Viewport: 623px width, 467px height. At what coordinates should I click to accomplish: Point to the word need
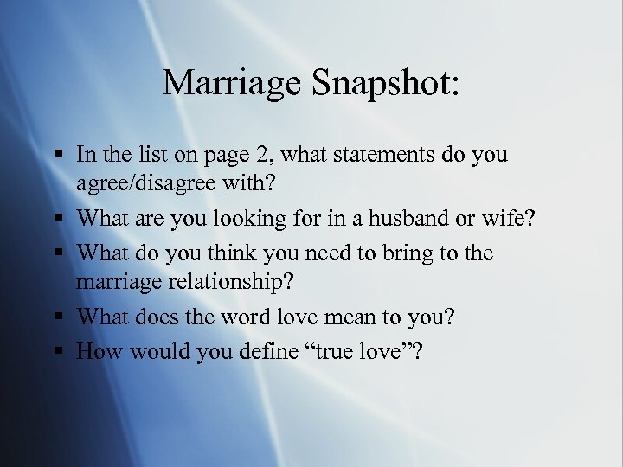[327, 253]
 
